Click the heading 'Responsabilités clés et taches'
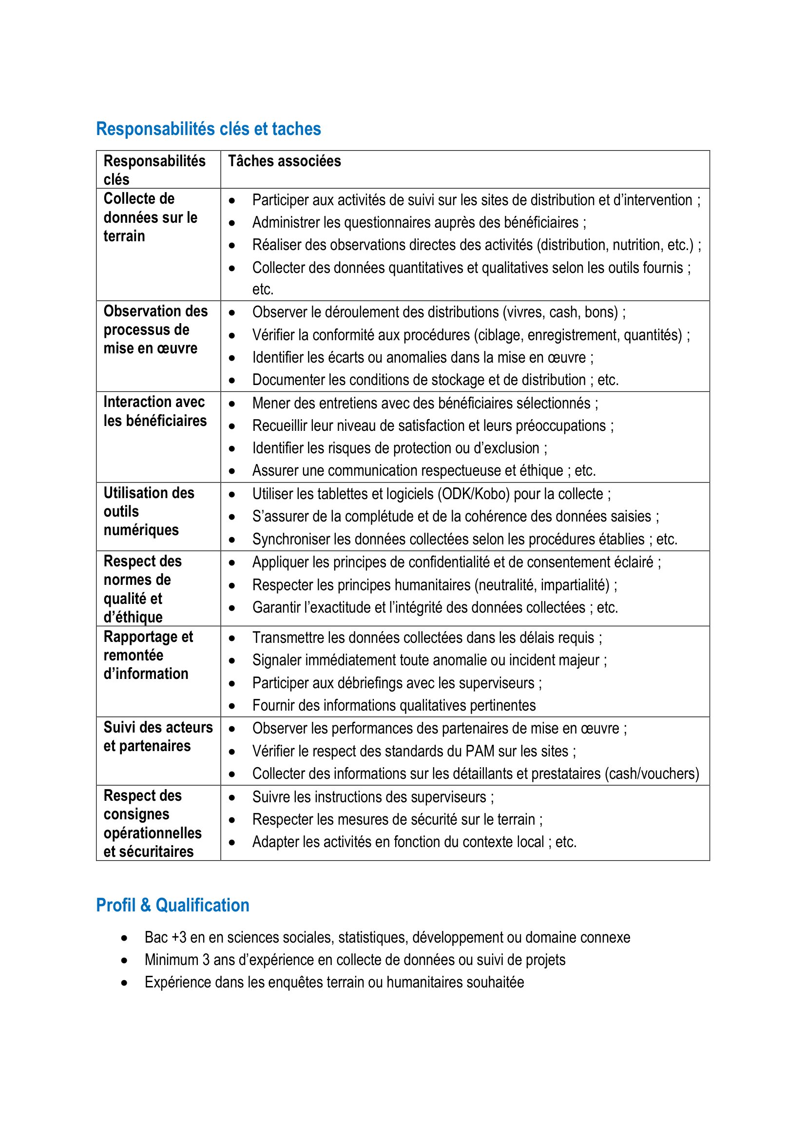point(209,129)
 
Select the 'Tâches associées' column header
point(285,161)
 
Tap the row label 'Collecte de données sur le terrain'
point(150,217)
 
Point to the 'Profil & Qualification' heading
point(173,905)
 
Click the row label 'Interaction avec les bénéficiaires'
point(155,411)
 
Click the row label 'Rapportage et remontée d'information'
point(148,655)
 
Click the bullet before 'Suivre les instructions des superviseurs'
point(232,797)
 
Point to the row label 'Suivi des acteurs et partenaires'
point(158,736)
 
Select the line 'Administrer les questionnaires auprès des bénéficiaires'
point(419,222)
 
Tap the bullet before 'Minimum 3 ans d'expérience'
point(125,960)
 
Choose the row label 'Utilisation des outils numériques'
point(149,511)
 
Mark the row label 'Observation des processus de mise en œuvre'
point(155,329)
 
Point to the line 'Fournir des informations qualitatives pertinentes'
point(394,706)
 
